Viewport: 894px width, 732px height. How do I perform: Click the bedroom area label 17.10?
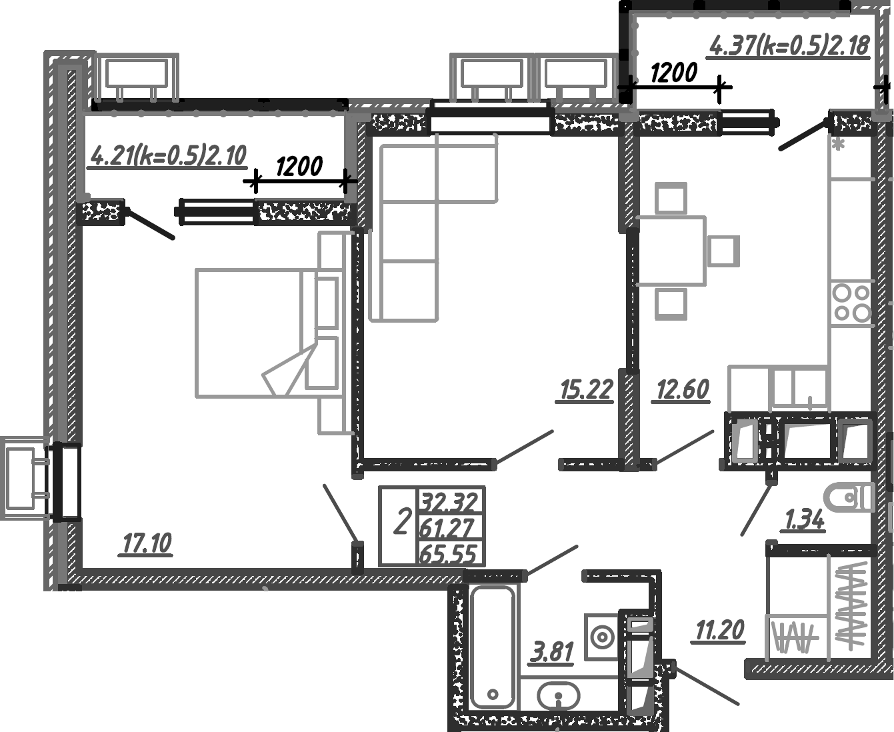click(147, 543)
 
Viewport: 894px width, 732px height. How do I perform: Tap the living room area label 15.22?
click(586, 390)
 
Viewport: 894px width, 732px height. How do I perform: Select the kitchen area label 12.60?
click(683, 389)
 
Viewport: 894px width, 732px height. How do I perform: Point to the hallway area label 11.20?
click(719, 629)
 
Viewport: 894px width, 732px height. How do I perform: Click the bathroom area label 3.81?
click(552, 651)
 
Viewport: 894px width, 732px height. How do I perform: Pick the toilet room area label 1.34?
click(805, 519)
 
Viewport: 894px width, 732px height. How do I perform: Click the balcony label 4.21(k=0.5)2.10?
click(168, 156)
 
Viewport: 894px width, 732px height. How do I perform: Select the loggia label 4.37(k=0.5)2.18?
click(790, 45)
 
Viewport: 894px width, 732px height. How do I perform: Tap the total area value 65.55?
click(449, 554)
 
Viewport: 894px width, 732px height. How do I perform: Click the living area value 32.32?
click(449, 501)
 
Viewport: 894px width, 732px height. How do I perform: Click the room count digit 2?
click(401, 522)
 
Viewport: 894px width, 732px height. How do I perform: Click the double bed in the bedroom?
click(253, 333)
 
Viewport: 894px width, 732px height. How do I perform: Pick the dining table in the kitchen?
click(671, 251)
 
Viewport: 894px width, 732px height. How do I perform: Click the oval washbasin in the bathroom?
click(558, 697)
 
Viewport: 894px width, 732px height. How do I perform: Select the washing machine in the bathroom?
click(602, 637)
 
